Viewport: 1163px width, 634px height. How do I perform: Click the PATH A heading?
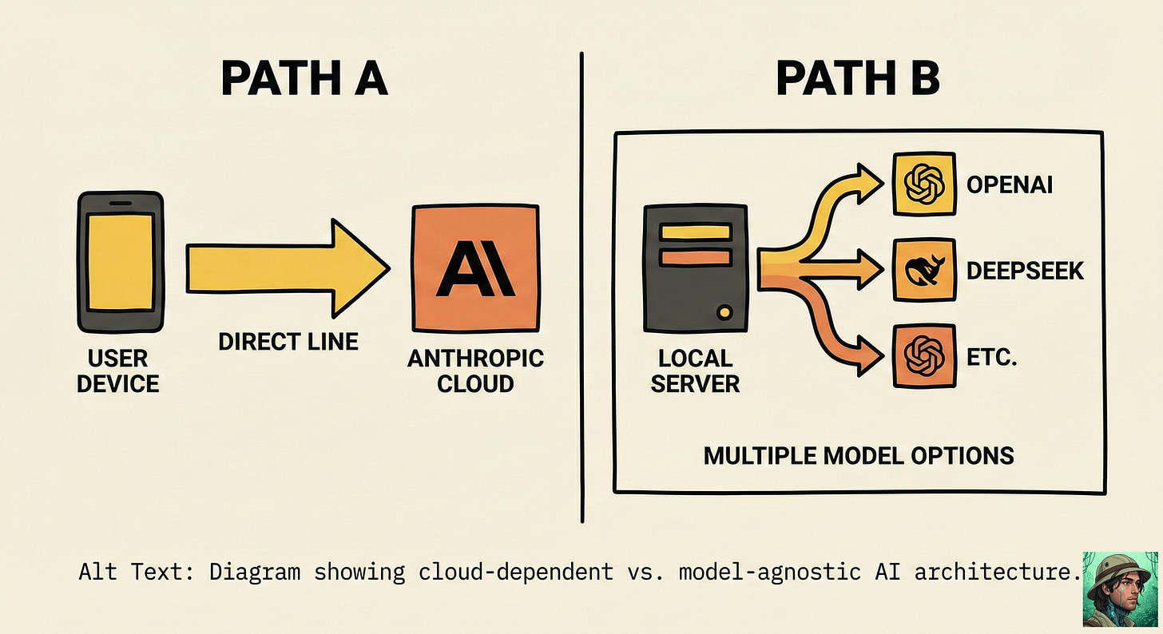[x=304, y=79]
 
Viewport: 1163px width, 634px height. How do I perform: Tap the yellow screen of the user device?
[x=120, y=262]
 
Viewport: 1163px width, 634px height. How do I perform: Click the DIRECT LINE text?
[x=288, y=342]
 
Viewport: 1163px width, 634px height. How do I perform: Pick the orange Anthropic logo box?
[x=474, y=267]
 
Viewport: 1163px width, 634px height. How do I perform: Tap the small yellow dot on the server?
[x=724, y=312]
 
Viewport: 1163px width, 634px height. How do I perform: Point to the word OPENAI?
[x=1010, y=185]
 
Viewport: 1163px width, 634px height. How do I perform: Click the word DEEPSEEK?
[x=1025, y=271]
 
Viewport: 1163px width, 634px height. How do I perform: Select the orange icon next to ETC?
[x=924, y=355]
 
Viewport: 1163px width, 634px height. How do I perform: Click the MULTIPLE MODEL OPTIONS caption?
[x=859, y=455]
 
